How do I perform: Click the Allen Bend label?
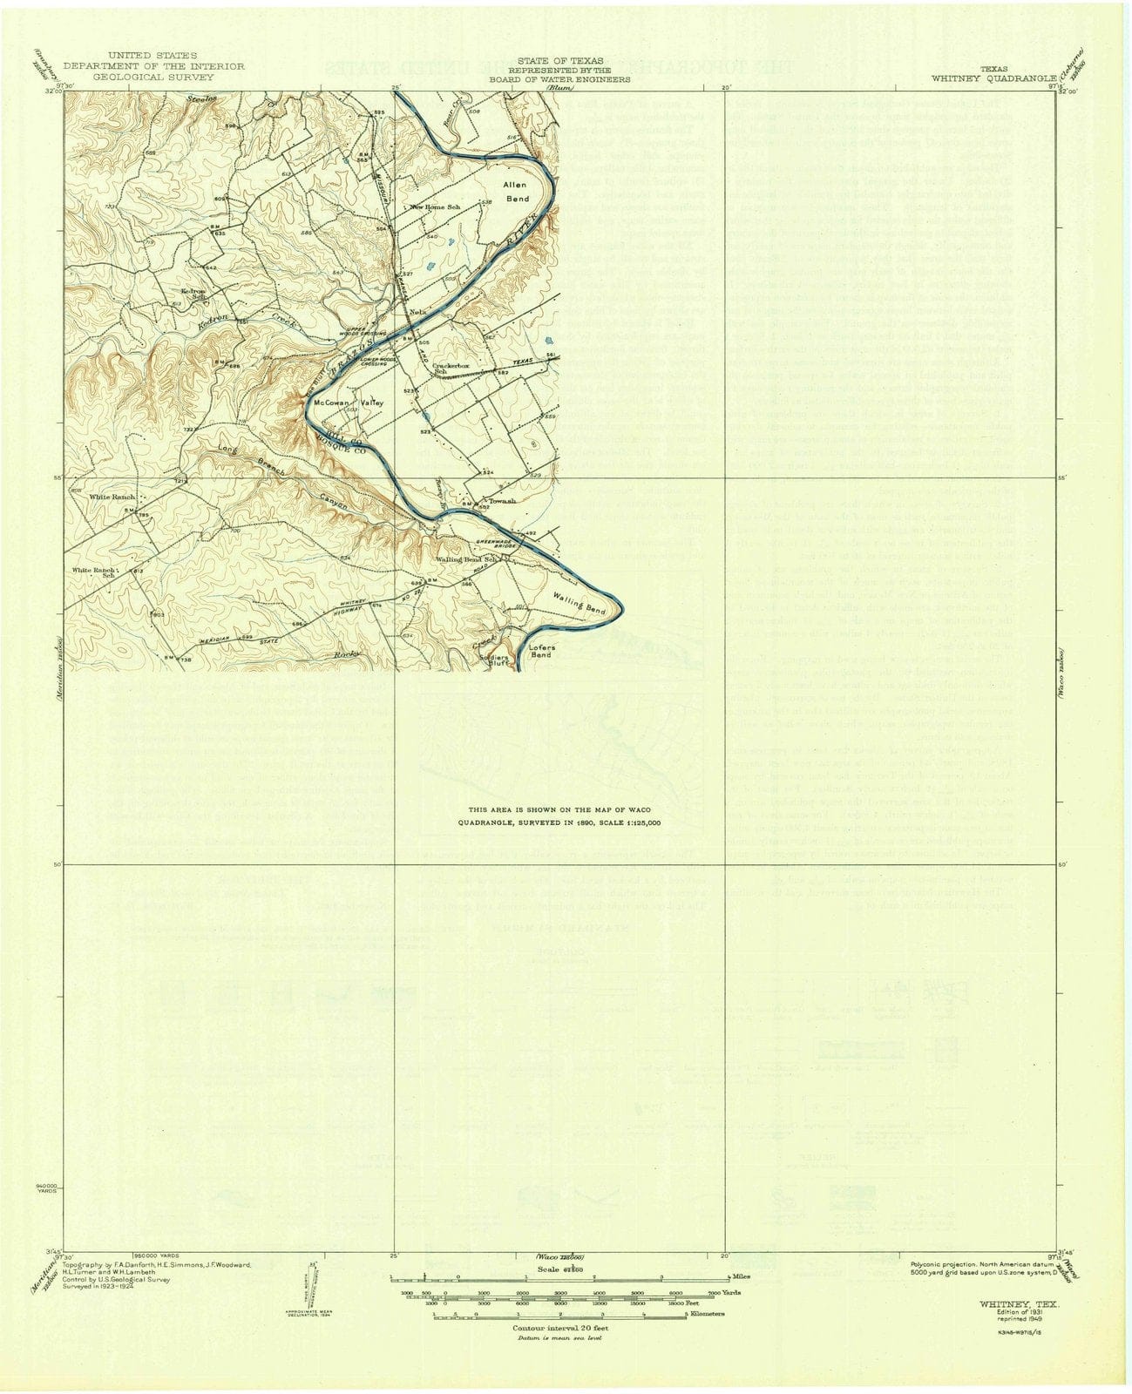[516, 193]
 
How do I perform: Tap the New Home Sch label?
[435, 207]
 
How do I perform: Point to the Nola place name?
[417, 311]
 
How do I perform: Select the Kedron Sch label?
[193, 294]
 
